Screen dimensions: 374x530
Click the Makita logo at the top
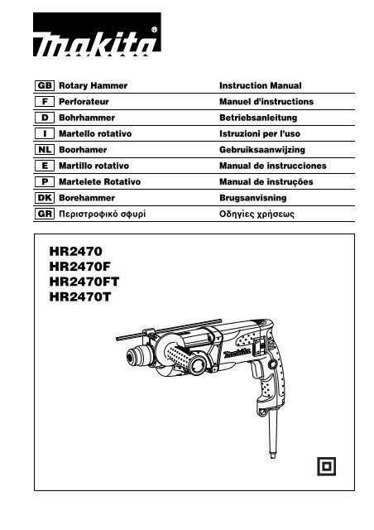pos(97,35)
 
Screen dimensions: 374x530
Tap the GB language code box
pos(44,85)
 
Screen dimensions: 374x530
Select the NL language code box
pos(44,149)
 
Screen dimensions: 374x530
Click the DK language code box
pos(44,198)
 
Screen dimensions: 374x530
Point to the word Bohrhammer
pos(87,118)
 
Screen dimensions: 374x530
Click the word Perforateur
pos(84,101)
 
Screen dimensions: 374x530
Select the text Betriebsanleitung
pos(258,118)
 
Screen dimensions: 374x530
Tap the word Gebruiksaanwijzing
pos(262,150)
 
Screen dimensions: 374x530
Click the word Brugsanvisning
pos(252,198)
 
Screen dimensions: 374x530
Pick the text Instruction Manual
pos(261,85)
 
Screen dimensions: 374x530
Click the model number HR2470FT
pos(84,282)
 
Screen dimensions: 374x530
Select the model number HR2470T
pos(80,296)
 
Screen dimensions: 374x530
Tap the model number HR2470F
pos(79,267)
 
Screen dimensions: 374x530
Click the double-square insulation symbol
pos(326,466)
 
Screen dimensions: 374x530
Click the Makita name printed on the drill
pos(237,353)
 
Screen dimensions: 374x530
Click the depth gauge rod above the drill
pos(169,330)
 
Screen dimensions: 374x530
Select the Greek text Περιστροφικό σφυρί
pos(103,214)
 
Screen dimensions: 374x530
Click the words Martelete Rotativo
pos(99,182)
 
